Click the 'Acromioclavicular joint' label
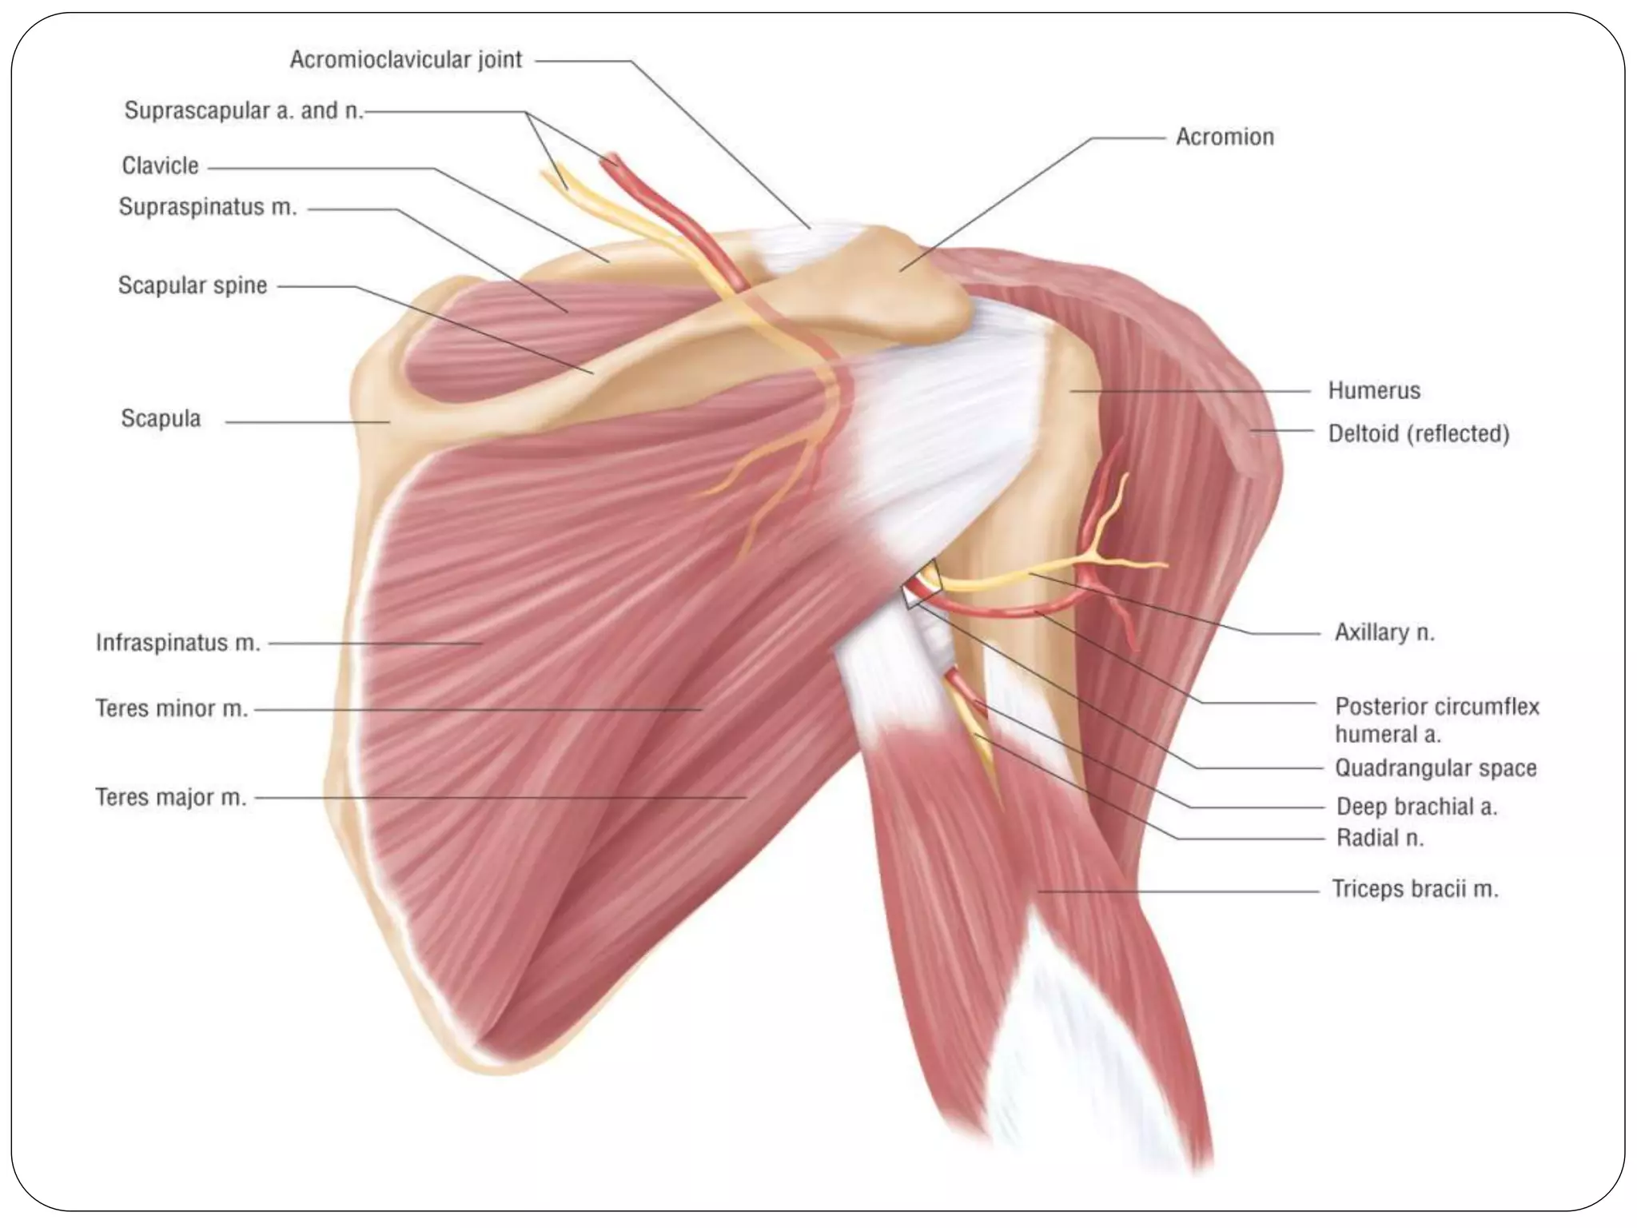pos(405,60)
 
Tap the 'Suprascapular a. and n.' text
pos(244,110)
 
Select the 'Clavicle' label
pos(160,165)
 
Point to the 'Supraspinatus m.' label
pos(208,207)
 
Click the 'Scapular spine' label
pos(193,285)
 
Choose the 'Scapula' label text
pos(161,418)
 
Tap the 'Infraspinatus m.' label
pos(178,643)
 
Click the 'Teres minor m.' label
pos(172,708)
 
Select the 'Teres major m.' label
pos(171,797)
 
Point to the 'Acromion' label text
pos(1225,137)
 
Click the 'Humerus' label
pos(1374,390)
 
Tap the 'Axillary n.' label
pos(1384,632)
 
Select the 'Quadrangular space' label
pos(1436,768)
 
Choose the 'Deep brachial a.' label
pos(1416,807)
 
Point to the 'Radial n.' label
pos(1380,838)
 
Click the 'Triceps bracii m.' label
pos(1415,889)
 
